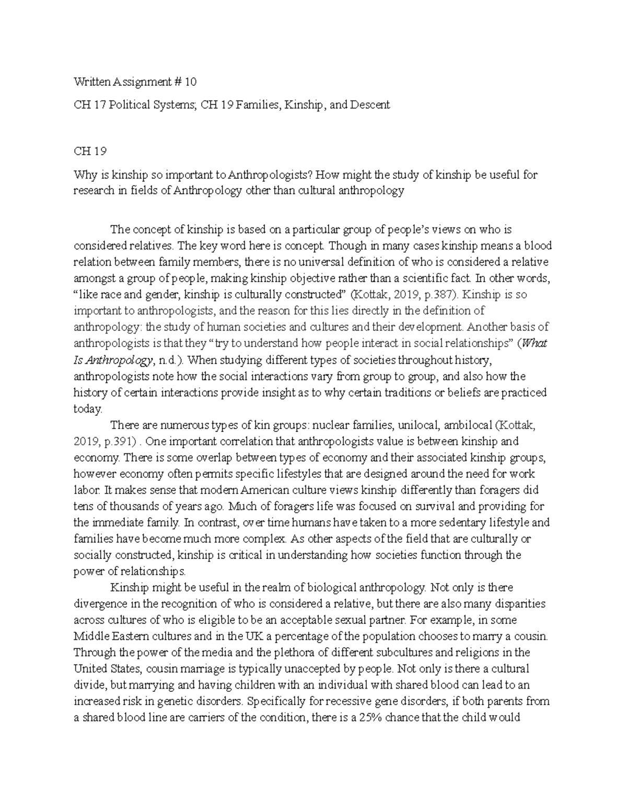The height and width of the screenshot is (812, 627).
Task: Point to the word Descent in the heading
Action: [x=370, y=105]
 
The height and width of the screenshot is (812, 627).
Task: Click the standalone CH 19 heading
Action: [x=90, y=151]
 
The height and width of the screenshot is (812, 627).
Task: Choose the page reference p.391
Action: [x=120, y=442]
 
